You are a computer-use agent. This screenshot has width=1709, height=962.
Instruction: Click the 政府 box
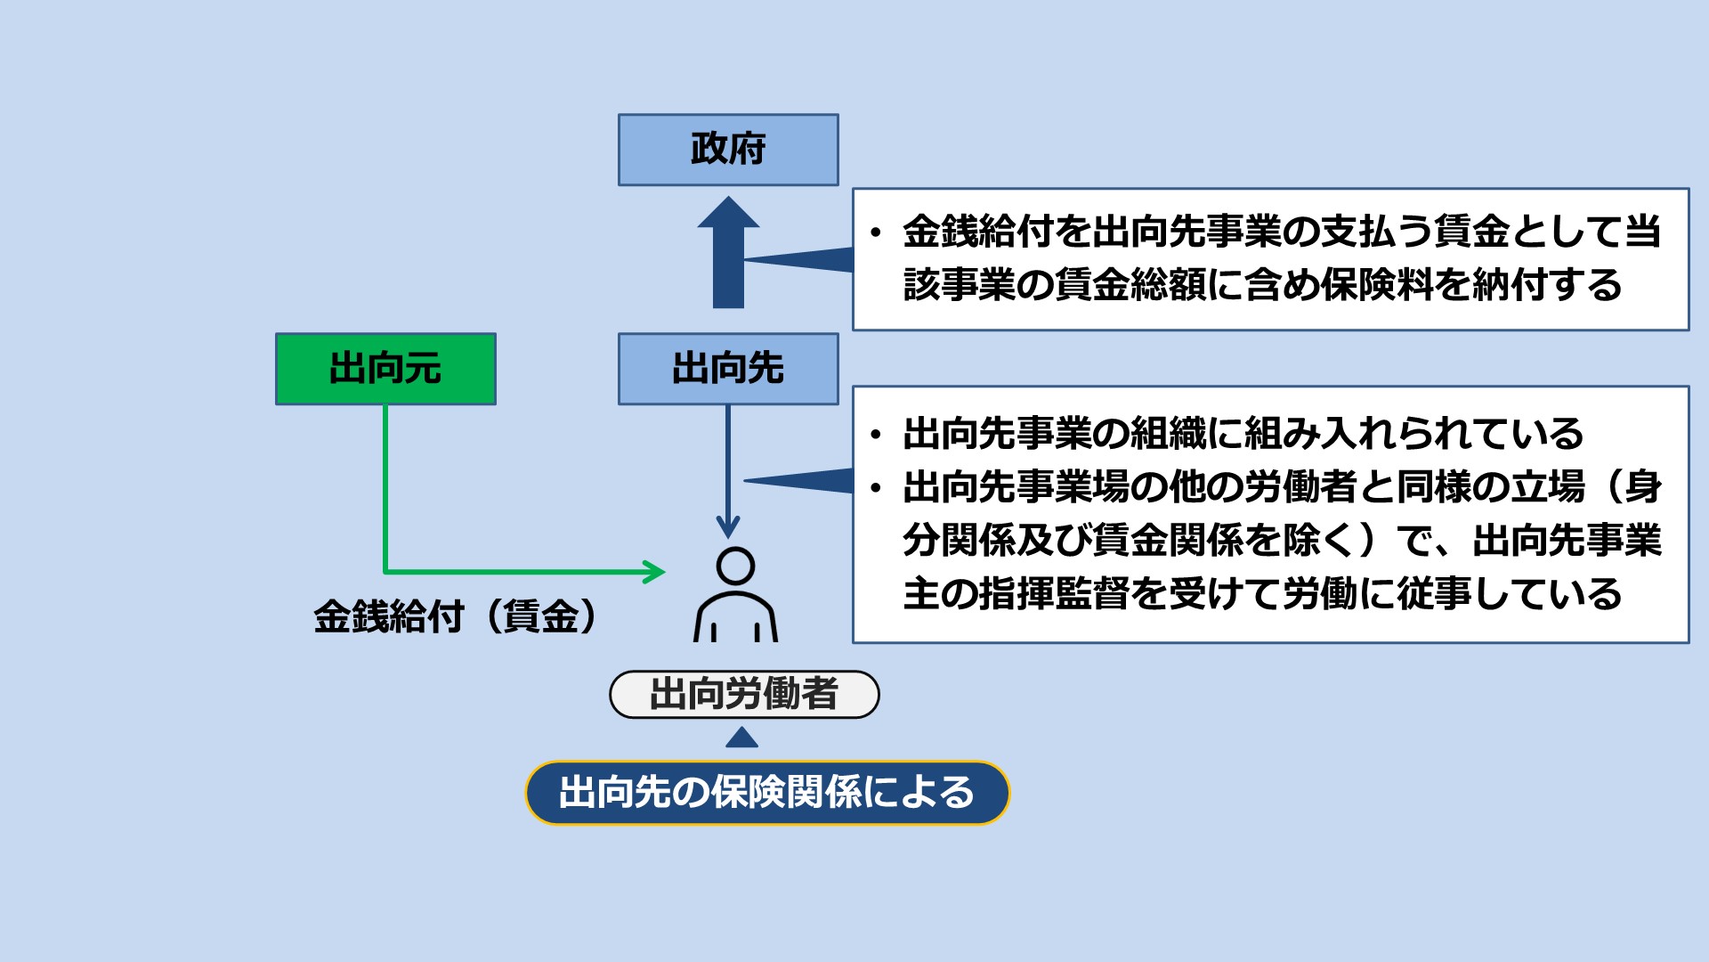(728, 150)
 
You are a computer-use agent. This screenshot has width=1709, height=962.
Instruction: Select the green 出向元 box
(385, 369)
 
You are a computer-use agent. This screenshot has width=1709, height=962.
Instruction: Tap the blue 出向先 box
(728, 369)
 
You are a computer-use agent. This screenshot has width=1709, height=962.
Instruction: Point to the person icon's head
(735, 566)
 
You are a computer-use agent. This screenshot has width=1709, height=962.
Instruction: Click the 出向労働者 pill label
(744, 695)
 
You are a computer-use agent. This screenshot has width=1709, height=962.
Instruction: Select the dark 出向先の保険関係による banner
(767, 793)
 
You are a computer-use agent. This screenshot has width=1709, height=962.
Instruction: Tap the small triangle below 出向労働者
(741, 738)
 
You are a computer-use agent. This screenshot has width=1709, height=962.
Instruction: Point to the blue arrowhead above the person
(728, 526)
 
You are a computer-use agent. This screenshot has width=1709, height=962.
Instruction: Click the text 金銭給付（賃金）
(455, 616)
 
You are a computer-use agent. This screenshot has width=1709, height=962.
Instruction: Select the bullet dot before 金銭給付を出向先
(876, 233)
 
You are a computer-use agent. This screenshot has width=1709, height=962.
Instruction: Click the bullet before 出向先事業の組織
(876, 435)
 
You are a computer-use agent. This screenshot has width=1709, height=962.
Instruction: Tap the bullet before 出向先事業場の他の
(876, 488)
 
